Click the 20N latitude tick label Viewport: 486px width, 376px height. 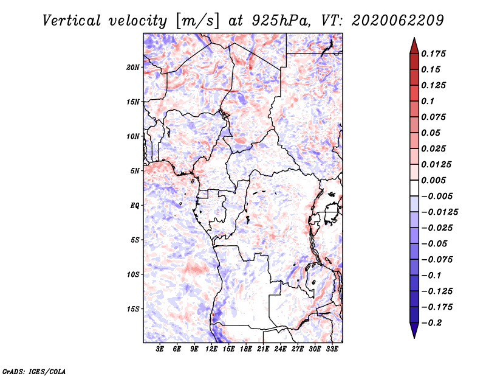[132, 68]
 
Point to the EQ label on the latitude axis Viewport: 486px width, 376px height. [135, 206]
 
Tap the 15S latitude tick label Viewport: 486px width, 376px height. [133, 309]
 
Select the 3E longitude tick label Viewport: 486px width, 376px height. [160, 349]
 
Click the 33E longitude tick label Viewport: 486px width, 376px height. [332, 349]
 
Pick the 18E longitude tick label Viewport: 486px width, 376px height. [246, 349]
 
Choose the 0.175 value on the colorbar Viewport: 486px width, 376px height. [433, 54]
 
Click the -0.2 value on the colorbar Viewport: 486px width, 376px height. [431, 323]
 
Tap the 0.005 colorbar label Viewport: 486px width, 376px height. [433, 180]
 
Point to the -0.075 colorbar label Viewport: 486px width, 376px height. [437, 260]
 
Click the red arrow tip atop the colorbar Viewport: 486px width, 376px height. [414, 38]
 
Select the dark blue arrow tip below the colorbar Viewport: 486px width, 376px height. [414, 338]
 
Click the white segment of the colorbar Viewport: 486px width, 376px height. [414, 188]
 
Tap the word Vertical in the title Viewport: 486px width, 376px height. [72, 21]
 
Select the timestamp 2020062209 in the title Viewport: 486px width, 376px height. [398, 21]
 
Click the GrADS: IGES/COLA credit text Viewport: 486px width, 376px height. [34, 371]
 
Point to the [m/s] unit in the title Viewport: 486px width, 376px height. [197, 21]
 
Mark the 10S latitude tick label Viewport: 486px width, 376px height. [133, 274]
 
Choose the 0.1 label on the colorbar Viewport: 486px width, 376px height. [428, 101]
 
